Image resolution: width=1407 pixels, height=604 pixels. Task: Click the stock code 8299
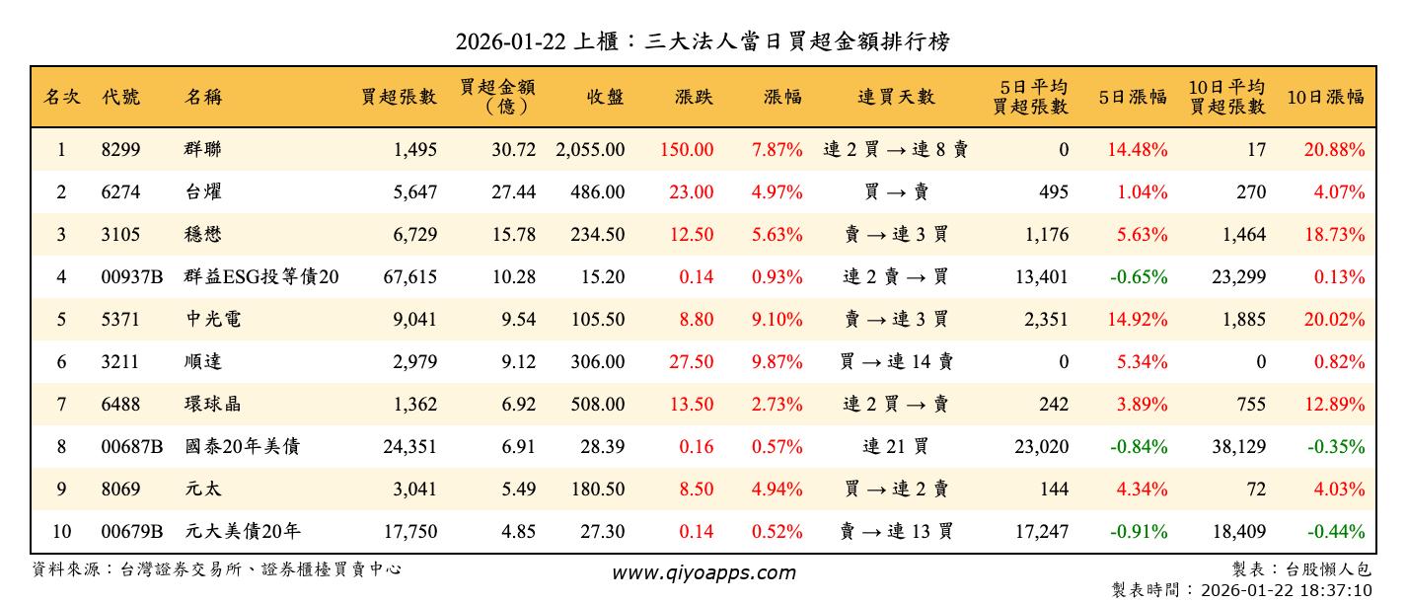[121, 150]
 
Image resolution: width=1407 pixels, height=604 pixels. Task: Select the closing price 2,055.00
[590, 150]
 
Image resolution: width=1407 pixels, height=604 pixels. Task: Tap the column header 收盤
[605, 97]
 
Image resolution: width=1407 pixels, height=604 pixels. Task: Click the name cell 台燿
[205, 192]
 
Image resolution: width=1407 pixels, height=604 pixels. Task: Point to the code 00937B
[132, 277]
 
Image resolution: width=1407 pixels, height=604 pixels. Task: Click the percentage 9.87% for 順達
[777, 362]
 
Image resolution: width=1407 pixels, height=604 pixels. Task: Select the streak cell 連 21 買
[895, 447]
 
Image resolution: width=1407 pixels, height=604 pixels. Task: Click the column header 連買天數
[895, 97]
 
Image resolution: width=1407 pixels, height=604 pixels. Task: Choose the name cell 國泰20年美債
[242, 447]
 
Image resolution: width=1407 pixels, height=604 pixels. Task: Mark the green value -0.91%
[1139, 532]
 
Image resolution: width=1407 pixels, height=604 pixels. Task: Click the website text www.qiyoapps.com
[703, 572]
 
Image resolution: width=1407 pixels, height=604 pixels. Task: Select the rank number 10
[61, 532]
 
